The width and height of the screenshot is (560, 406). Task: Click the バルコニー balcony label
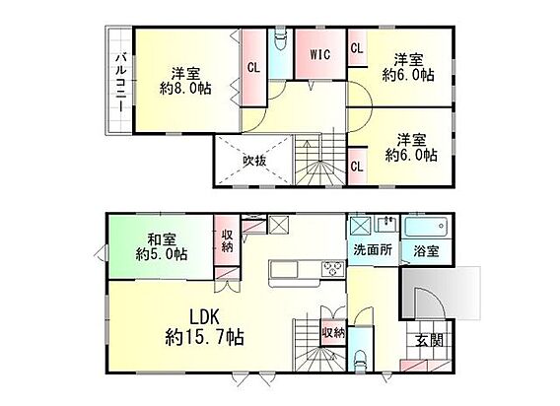tap(122, 82)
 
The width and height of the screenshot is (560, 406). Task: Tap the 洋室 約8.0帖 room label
tap(185, 81)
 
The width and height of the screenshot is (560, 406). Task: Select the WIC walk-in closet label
tap(319, 54)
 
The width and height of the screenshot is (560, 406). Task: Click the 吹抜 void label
tap(254, 161)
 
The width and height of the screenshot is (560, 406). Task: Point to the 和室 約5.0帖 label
tap(162, 246)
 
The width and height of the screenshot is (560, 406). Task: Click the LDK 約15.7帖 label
tap(204, 326)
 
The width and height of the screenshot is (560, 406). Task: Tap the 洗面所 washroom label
tap(373, 249)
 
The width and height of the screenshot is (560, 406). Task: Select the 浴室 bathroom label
tap(426, 251)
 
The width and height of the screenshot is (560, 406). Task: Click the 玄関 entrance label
tap(429, 340)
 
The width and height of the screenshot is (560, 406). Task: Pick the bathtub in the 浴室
tap(426, 227)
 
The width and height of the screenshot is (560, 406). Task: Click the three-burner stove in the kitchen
tap(333, 268)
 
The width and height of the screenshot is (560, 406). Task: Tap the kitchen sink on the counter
tap(284, 269)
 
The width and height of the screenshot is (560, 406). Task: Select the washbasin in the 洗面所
tap(387, 224)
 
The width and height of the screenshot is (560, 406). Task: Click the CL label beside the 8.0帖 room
tap(253, 67)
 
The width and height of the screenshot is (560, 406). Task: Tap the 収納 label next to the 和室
tap(227, 240)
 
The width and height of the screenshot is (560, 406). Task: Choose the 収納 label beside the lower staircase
tap(333, 333)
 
